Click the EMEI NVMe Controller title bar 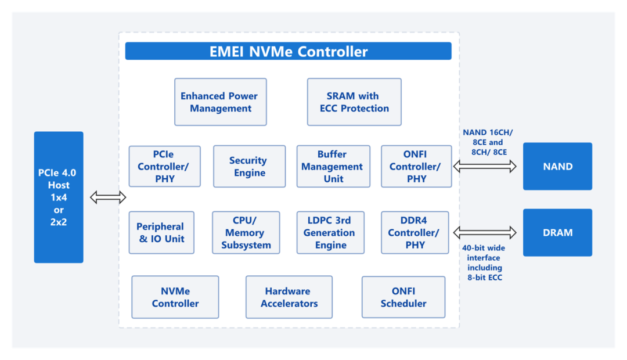[288, 51]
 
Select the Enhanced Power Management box [220, 102]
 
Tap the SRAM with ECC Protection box [354, 102]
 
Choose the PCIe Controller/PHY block [164, 167]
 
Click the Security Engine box [249, 167]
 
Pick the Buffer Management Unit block [333, 167]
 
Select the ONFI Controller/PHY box [416, 167]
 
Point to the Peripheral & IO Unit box [161, 233]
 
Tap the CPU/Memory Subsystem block [246, 233]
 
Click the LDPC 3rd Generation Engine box [330, 233]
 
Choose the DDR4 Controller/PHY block [415, 233]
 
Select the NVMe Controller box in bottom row [175, 297]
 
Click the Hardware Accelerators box [289, 297]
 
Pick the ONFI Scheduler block [403, 297]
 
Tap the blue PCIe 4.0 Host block [58, 197]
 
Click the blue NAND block [557, 167]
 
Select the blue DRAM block [557, 233]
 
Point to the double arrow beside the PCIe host [108, 197]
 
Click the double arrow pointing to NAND [485, 167]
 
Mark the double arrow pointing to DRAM [485, 233]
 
